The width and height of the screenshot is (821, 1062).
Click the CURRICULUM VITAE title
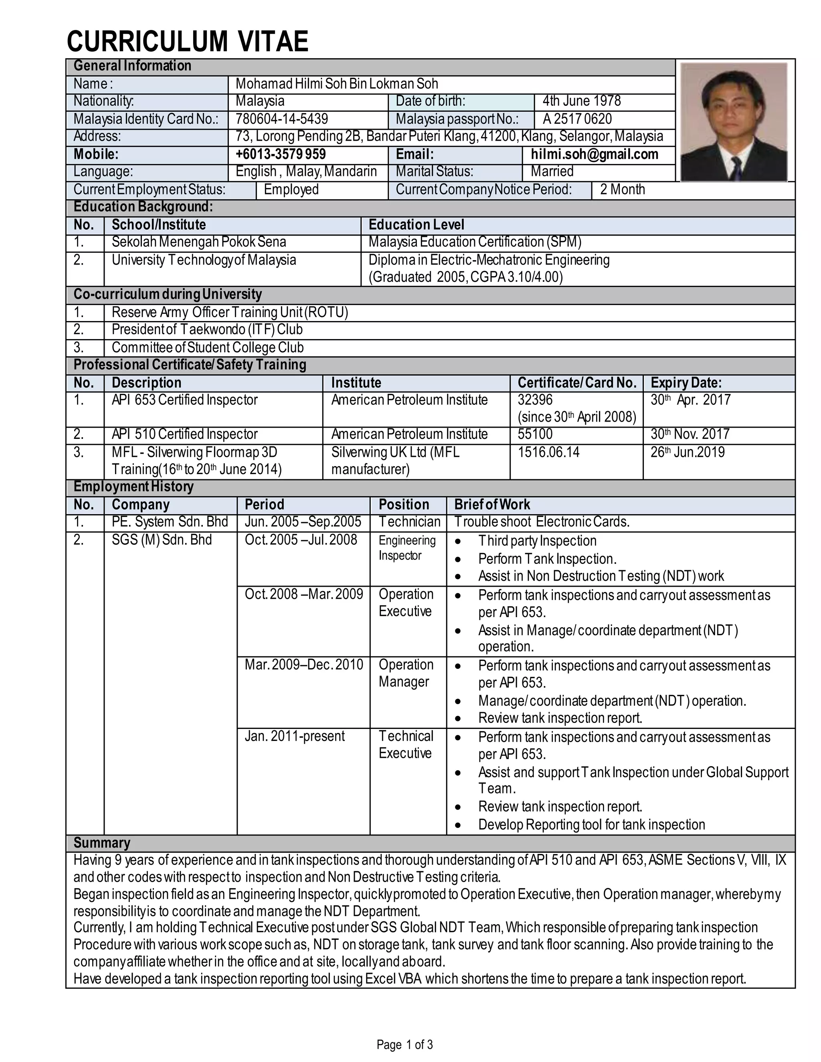[187, 41]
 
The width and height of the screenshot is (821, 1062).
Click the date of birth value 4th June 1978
[581, 101]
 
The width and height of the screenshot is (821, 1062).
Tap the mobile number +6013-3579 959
[281, 155]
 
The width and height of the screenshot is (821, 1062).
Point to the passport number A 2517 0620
[577, 119]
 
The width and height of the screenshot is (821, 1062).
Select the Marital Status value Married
[552, 172]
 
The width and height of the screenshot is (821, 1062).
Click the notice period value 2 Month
[622, 190]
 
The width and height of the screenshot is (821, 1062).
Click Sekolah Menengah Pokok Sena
[198, 242]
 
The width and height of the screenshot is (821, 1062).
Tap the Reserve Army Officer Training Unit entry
[230, 312]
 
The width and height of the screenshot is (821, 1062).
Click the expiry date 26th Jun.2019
[687, 452]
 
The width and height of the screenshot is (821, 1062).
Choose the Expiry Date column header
[686, 383]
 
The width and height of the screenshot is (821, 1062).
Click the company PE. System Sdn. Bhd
[169, 522]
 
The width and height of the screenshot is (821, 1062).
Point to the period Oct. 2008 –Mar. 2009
[303, 594]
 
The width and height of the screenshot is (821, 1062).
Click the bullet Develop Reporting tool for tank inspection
[591, 825]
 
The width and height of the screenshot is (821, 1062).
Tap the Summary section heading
[102, 843]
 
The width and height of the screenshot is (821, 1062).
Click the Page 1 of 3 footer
[404, 1044]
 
